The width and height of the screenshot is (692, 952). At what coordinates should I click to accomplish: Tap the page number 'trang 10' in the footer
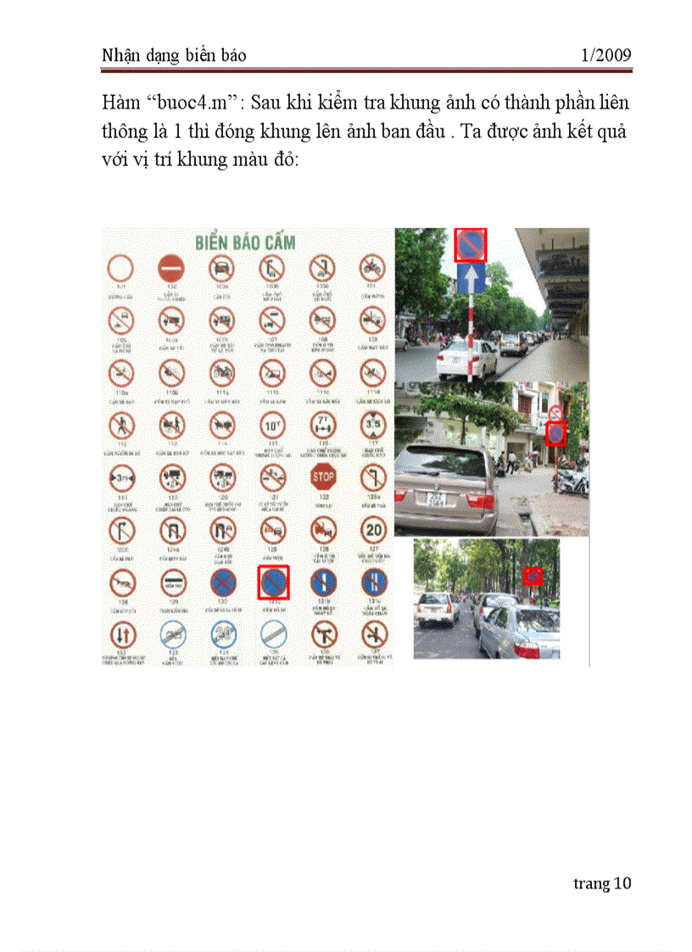602,883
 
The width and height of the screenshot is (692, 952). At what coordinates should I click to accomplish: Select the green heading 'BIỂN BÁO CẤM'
245,242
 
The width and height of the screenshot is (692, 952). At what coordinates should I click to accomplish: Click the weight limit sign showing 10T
273,423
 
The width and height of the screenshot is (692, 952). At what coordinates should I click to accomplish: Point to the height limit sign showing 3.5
374,423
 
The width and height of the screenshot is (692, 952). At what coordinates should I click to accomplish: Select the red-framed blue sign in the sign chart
274,582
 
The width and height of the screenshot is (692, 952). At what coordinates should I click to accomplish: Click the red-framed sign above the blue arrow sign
471,245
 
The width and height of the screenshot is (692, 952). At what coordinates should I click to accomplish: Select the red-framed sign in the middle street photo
555,433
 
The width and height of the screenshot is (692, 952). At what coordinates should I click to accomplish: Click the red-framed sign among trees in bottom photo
533,576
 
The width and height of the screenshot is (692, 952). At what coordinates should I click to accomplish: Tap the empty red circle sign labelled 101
121,270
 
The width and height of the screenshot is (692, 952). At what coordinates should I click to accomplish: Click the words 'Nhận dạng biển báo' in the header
174,56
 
